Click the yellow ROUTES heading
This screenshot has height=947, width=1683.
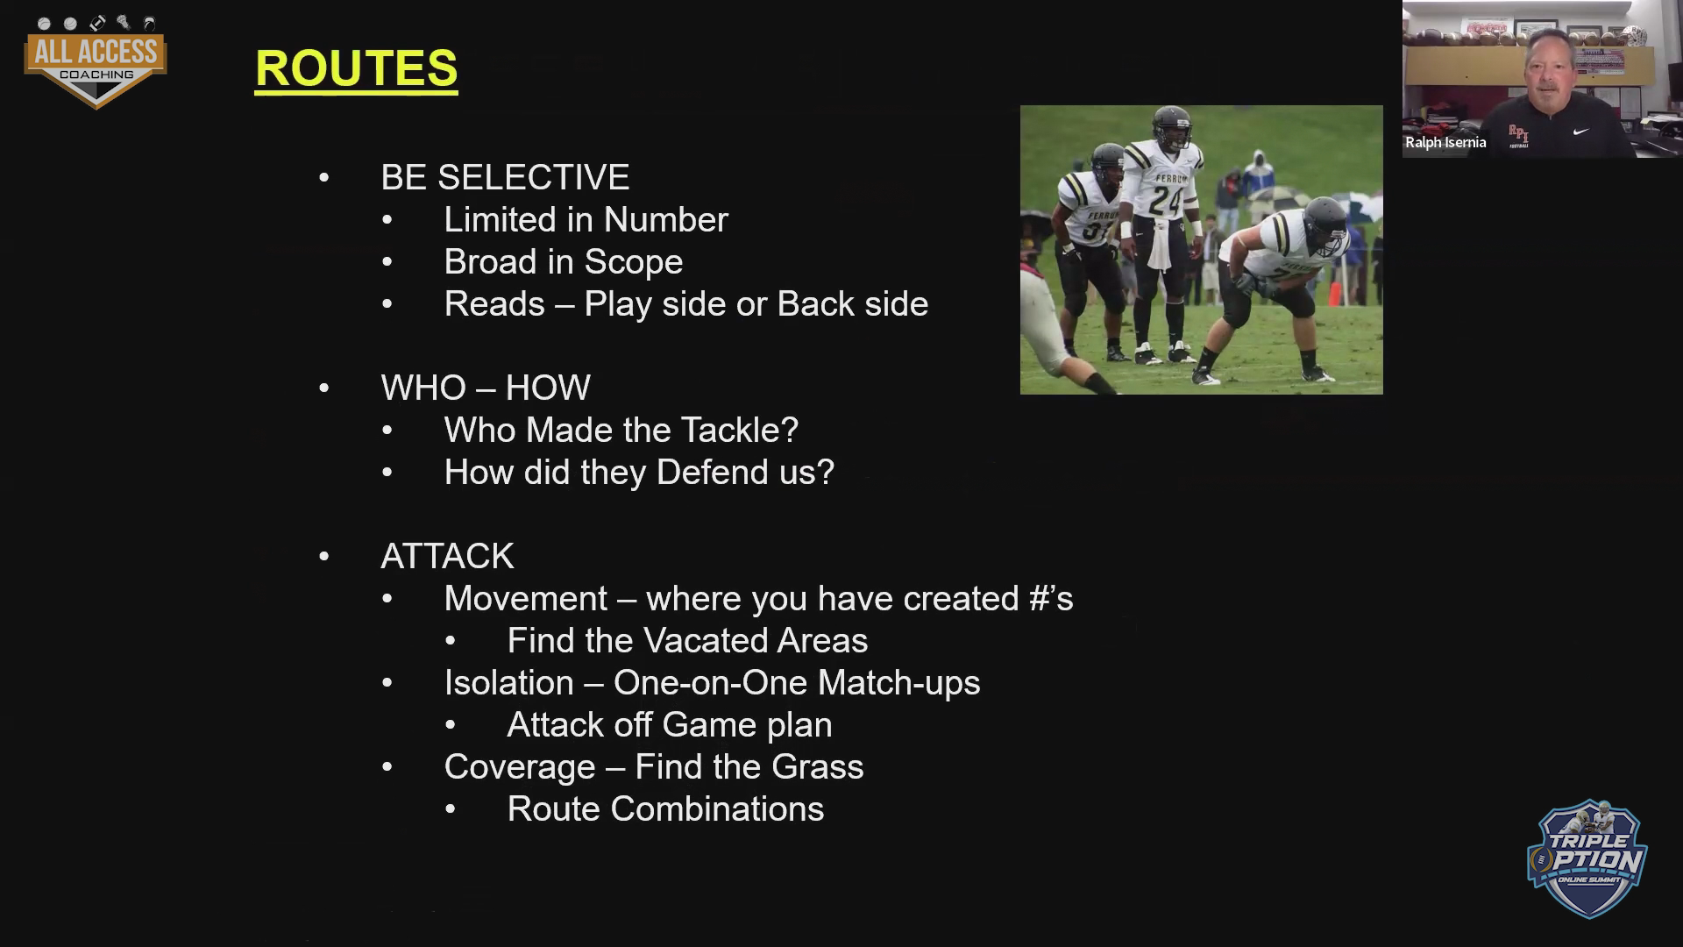coord(356,68)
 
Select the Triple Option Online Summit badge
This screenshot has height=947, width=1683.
coord(1587,858)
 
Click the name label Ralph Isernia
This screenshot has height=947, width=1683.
coord(1445,142)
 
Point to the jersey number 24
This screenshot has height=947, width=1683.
coord(1167,201)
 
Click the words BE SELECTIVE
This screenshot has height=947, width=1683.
coord(505,177)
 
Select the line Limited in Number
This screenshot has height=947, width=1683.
coord(586,219)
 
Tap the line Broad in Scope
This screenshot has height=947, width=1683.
coord(563,261)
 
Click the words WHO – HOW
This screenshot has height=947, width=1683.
coord(486,388)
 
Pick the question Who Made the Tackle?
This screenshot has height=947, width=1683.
coord(621,430)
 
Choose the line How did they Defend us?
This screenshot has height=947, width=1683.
coord(639,472)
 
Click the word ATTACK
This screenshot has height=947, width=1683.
coord(447,556)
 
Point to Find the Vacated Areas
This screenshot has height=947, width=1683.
coord(687,640)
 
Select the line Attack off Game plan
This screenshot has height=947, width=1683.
coord(670,724)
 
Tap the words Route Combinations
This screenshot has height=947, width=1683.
coord(665,808)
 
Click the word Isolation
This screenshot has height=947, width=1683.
coord(508,682)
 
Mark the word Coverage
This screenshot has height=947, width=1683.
coord(520,767)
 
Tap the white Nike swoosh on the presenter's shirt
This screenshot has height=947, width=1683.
coord(1580,132)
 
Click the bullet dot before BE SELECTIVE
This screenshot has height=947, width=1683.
coord(324,178)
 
